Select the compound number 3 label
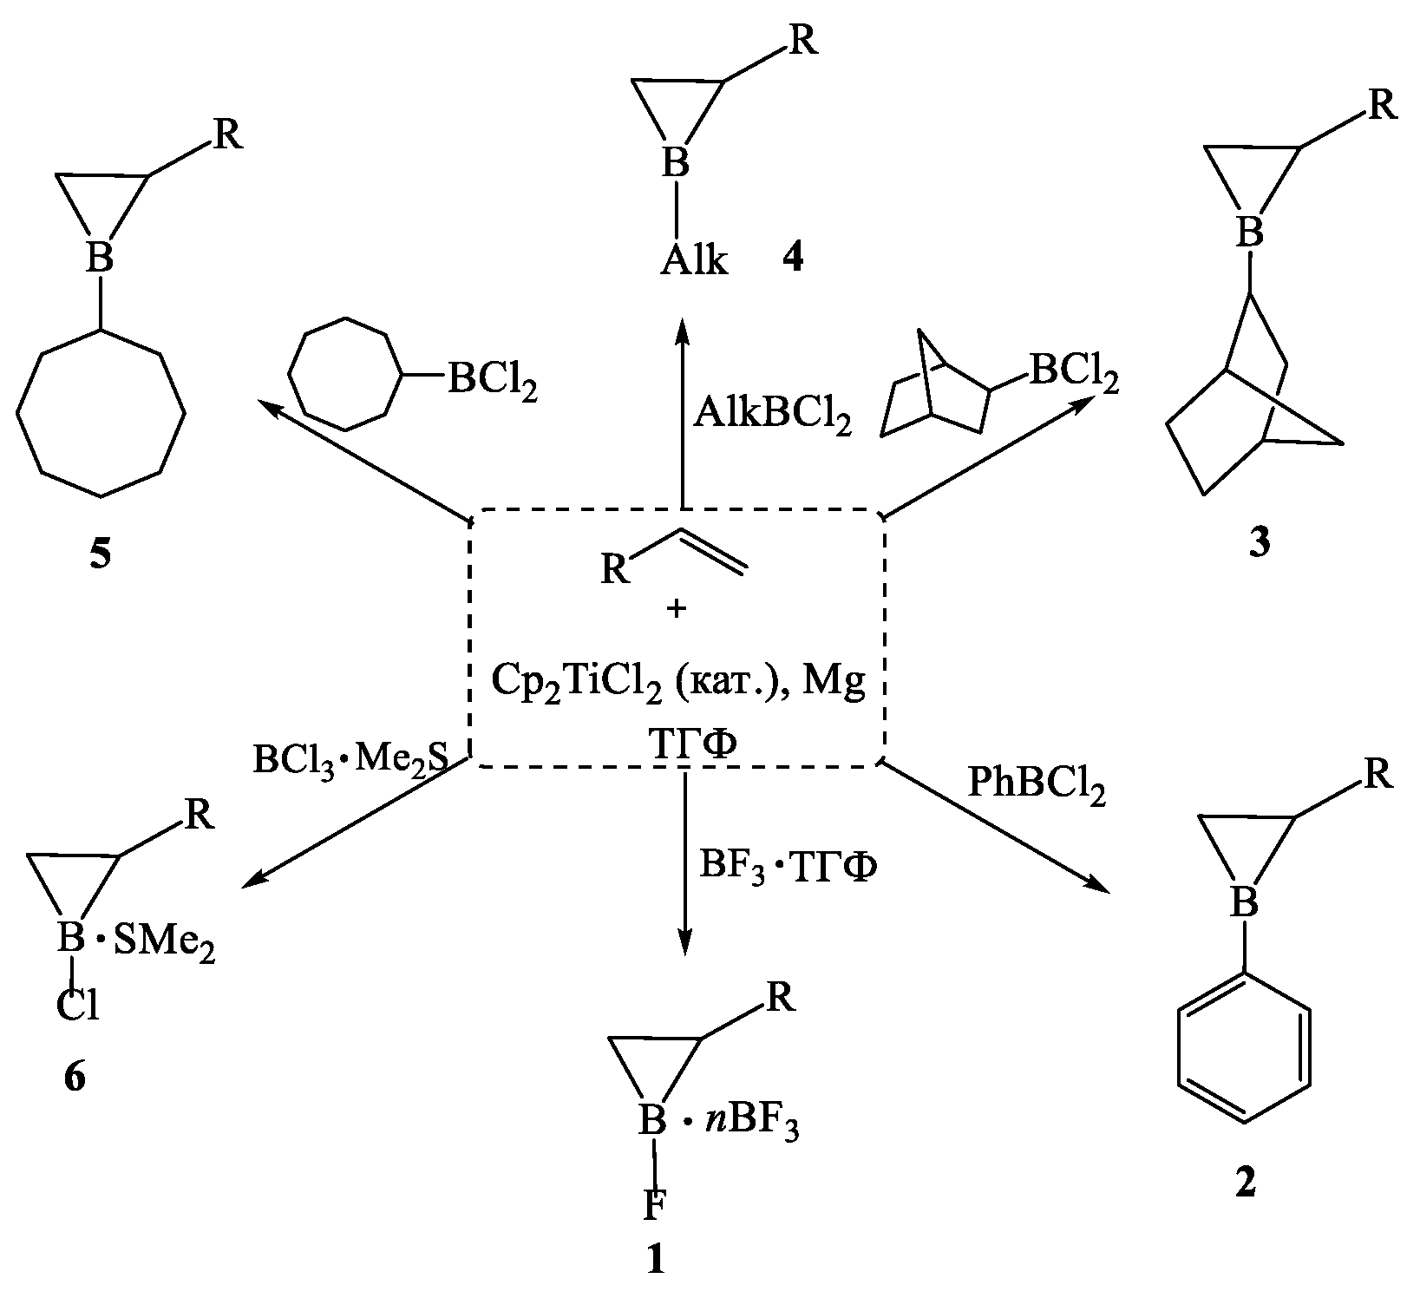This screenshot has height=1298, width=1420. [1258, 542]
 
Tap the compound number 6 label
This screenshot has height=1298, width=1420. [75, 1077]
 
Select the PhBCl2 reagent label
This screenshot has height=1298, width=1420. [1036, 784]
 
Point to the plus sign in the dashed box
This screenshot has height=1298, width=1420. [677, 609]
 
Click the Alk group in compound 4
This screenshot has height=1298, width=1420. [693, 259]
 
